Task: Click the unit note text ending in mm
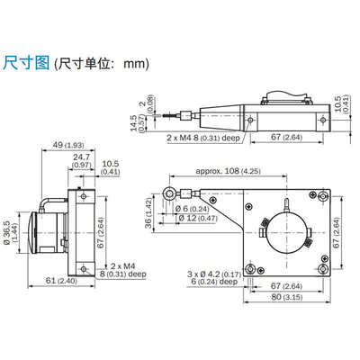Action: click(101, 65)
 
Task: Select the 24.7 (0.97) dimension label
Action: click(82, 159)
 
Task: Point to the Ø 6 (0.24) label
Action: click(193, 208)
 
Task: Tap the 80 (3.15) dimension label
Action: click(286, 299)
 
